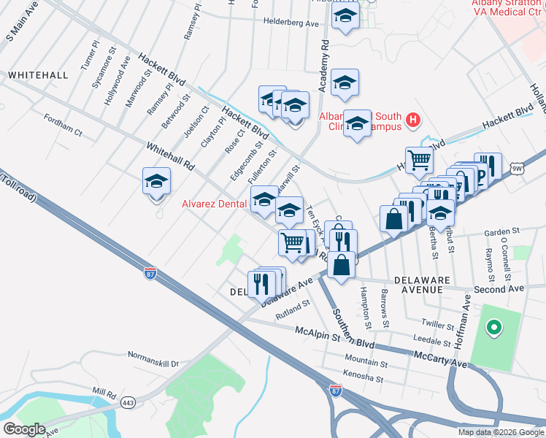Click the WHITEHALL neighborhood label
click(x=38, y=75)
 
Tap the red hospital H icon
click(x=414, y=120)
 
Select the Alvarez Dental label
click(x=213, y=204)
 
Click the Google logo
click(x=24, y=429)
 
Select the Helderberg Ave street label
click(x=292, y=23)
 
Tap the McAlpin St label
click(x=318, y=331)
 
